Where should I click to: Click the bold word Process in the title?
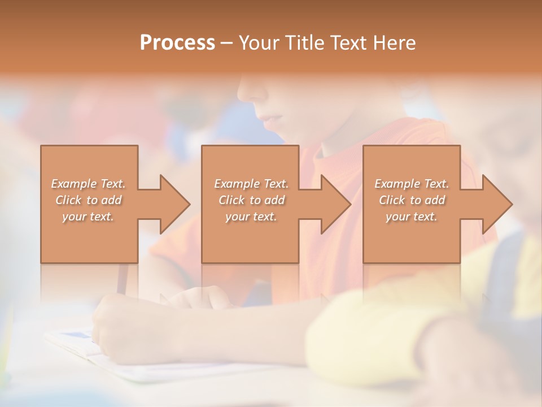click(x=177, y=43)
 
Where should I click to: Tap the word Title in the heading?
click(x=305, y=43)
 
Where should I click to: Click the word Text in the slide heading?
click(x=350, y=43)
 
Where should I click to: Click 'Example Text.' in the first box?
click(x=88, y=184)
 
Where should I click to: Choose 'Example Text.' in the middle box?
click(x=251, y=184)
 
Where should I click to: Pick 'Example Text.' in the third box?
click(x=412, y=184)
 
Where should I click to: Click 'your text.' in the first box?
click(x=88, y=217)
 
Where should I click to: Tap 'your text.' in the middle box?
click(x=251, y=217)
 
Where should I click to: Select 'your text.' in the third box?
click(x=412, y=217)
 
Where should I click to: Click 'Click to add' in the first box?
click(x=88, y=200)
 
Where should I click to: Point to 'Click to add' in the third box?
click(x=412, y=200)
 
